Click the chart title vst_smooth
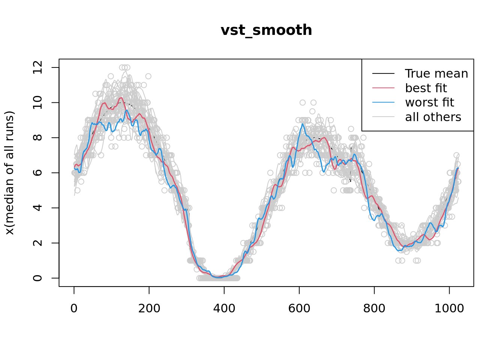click(266, 30)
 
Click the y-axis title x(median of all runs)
click(9, 173)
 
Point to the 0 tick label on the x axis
click(74, 309)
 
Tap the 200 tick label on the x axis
click(149, 309)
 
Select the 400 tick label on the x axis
click(224, 309)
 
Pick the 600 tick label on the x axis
click(299, 309)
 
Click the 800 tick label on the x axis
click(374, 309)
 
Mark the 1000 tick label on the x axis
click(449, 309)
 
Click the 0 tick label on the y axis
click(38, 278)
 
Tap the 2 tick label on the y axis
click(38, 243)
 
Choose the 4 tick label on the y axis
click(38, 208)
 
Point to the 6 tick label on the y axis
click(38, 173)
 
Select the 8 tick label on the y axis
click(38, 138)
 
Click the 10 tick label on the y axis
click(38, 102)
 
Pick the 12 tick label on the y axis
click(38, 67)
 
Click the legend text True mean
click(436, 74)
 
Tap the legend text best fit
click(426, 88)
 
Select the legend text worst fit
click(429, 102)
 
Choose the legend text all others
click(433, 117)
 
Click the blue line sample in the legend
click(383, 102)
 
